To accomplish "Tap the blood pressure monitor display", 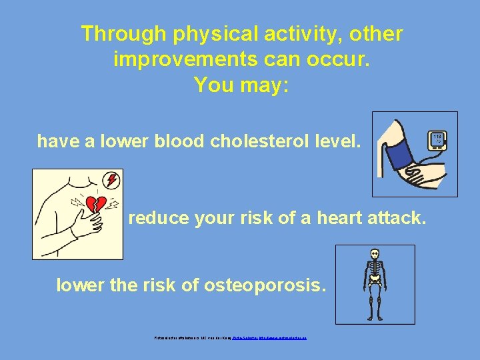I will (x=437, y=140).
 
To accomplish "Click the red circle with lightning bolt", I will (x=112, y=179).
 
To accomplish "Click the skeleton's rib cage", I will (x=375, y=271).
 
